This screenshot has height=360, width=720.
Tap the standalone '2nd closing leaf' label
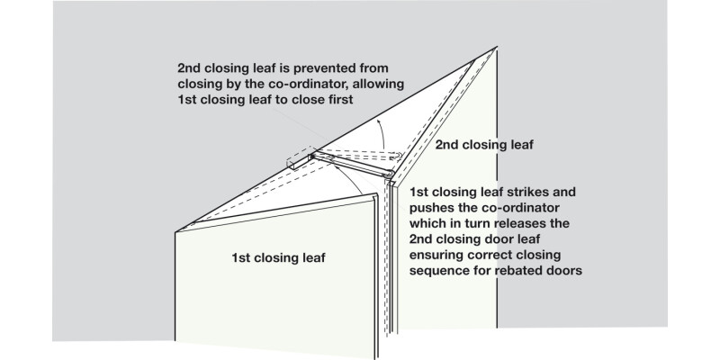pyautogui.click(x=484, y=144)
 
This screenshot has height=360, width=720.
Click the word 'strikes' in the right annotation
pyautogui.click(x=517, y=193)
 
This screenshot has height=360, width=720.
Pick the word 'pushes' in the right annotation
pyautogui.click(x=433, y=208)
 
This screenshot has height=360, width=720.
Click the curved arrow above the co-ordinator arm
pyautogui.click(x=382, y=126)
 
